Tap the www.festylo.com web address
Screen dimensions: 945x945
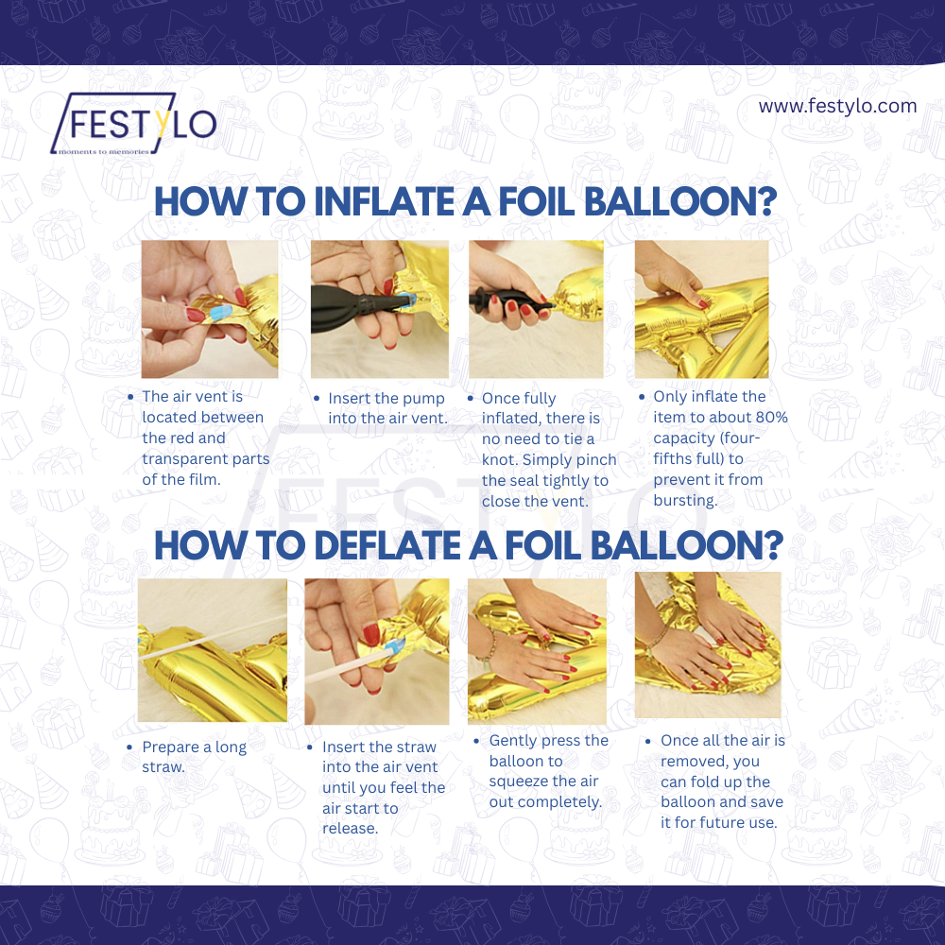point(837,106)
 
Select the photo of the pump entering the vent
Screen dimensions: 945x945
point(378,309)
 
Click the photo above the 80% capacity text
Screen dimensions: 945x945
point(701,309)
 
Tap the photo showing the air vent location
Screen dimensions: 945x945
point(210,309)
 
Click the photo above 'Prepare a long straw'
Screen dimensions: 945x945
point(213,650)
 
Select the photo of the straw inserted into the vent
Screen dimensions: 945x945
point(376,651)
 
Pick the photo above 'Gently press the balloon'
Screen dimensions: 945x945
point(537,651)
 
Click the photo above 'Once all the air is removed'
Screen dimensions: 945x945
point(708,644)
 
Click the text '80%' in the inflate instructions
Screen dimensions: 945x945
point(769,417)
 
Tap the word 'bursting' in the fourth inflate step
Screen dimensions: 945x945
point(685,500)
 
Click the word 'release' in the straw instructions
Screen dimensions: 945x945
point(350,829)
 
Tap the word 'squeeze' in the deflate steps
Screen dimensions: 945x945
point(517,782)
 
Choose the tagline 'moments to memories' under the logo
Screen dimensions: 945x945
point(103,150)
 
